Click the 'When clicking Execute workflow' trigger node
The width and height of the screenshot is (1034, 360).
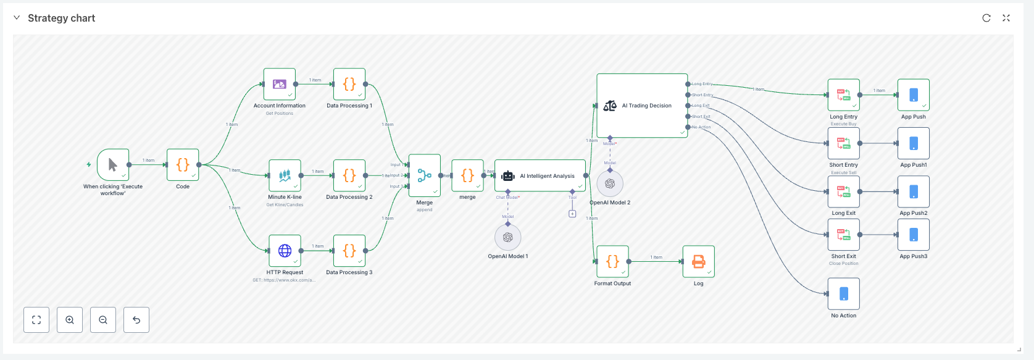(113, 165)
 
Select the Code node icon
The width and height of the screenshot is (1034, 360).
(183, 165)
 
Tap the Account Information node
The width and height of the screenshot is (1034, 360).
(280, 84)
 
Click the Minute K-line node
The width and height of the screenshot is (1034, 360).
(285, 175)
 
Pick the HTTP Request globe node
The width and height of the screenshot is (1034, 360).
(285, 251)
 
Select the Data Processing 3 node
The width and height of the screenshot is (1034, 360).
(349, 251)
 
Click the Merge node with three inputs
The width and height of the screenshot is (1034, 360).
(425, 176)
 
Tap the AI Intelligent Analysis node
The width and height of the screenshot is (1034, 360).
(540, 176)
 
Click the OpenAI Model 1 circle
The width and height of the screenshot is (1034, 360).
(508, 237)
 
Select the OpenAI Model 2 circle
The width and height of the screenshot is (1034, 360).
(610, 183)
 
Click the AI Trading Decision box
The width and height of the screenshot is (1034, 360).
(642, 106)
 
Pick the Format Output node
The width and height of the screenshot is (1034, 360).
(612, 262)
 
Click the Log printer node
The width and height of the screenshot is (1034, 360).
(699, 262)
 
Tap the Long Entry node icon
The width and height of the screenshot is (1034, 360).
(844, 95)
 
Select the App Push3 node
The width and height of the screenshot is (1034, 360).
(914, 235)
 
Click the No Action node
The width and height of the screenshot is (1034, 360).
(844, 294)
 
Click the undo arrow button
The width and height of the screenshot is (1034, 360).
(136, 320)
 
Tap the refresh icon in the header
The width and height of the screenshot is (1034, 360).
(986, 18)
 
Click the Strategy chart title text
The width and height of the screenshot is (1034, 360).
(61, 18)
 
